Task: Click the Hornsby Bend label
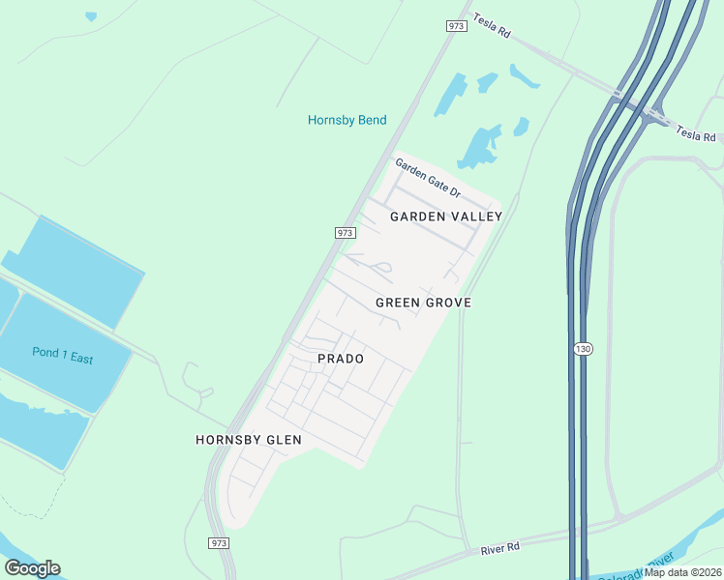[347, 120]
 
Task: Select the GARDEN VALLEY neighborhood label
[446, 217]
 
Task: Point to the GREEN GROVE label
[423, 303]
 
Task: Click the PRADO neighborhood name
[341, 359]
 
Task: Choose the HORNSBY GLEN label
[249, 440]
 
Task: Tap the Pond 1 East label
[62, 356]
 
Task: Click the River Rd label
[500, 548]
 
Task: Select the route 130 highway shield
[582, 348]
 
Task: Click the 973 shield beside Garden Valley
[347, 233]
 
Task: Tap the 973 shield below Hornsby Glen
[220, 543]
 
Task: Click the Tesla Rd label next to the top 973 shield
[493, 25]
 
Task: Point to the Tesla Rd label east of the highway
[695, 132]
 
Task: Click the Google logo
[32, 568]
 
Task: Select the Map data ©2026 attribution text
[683, 572]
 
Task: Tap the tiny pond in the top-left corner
[91, 16]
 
